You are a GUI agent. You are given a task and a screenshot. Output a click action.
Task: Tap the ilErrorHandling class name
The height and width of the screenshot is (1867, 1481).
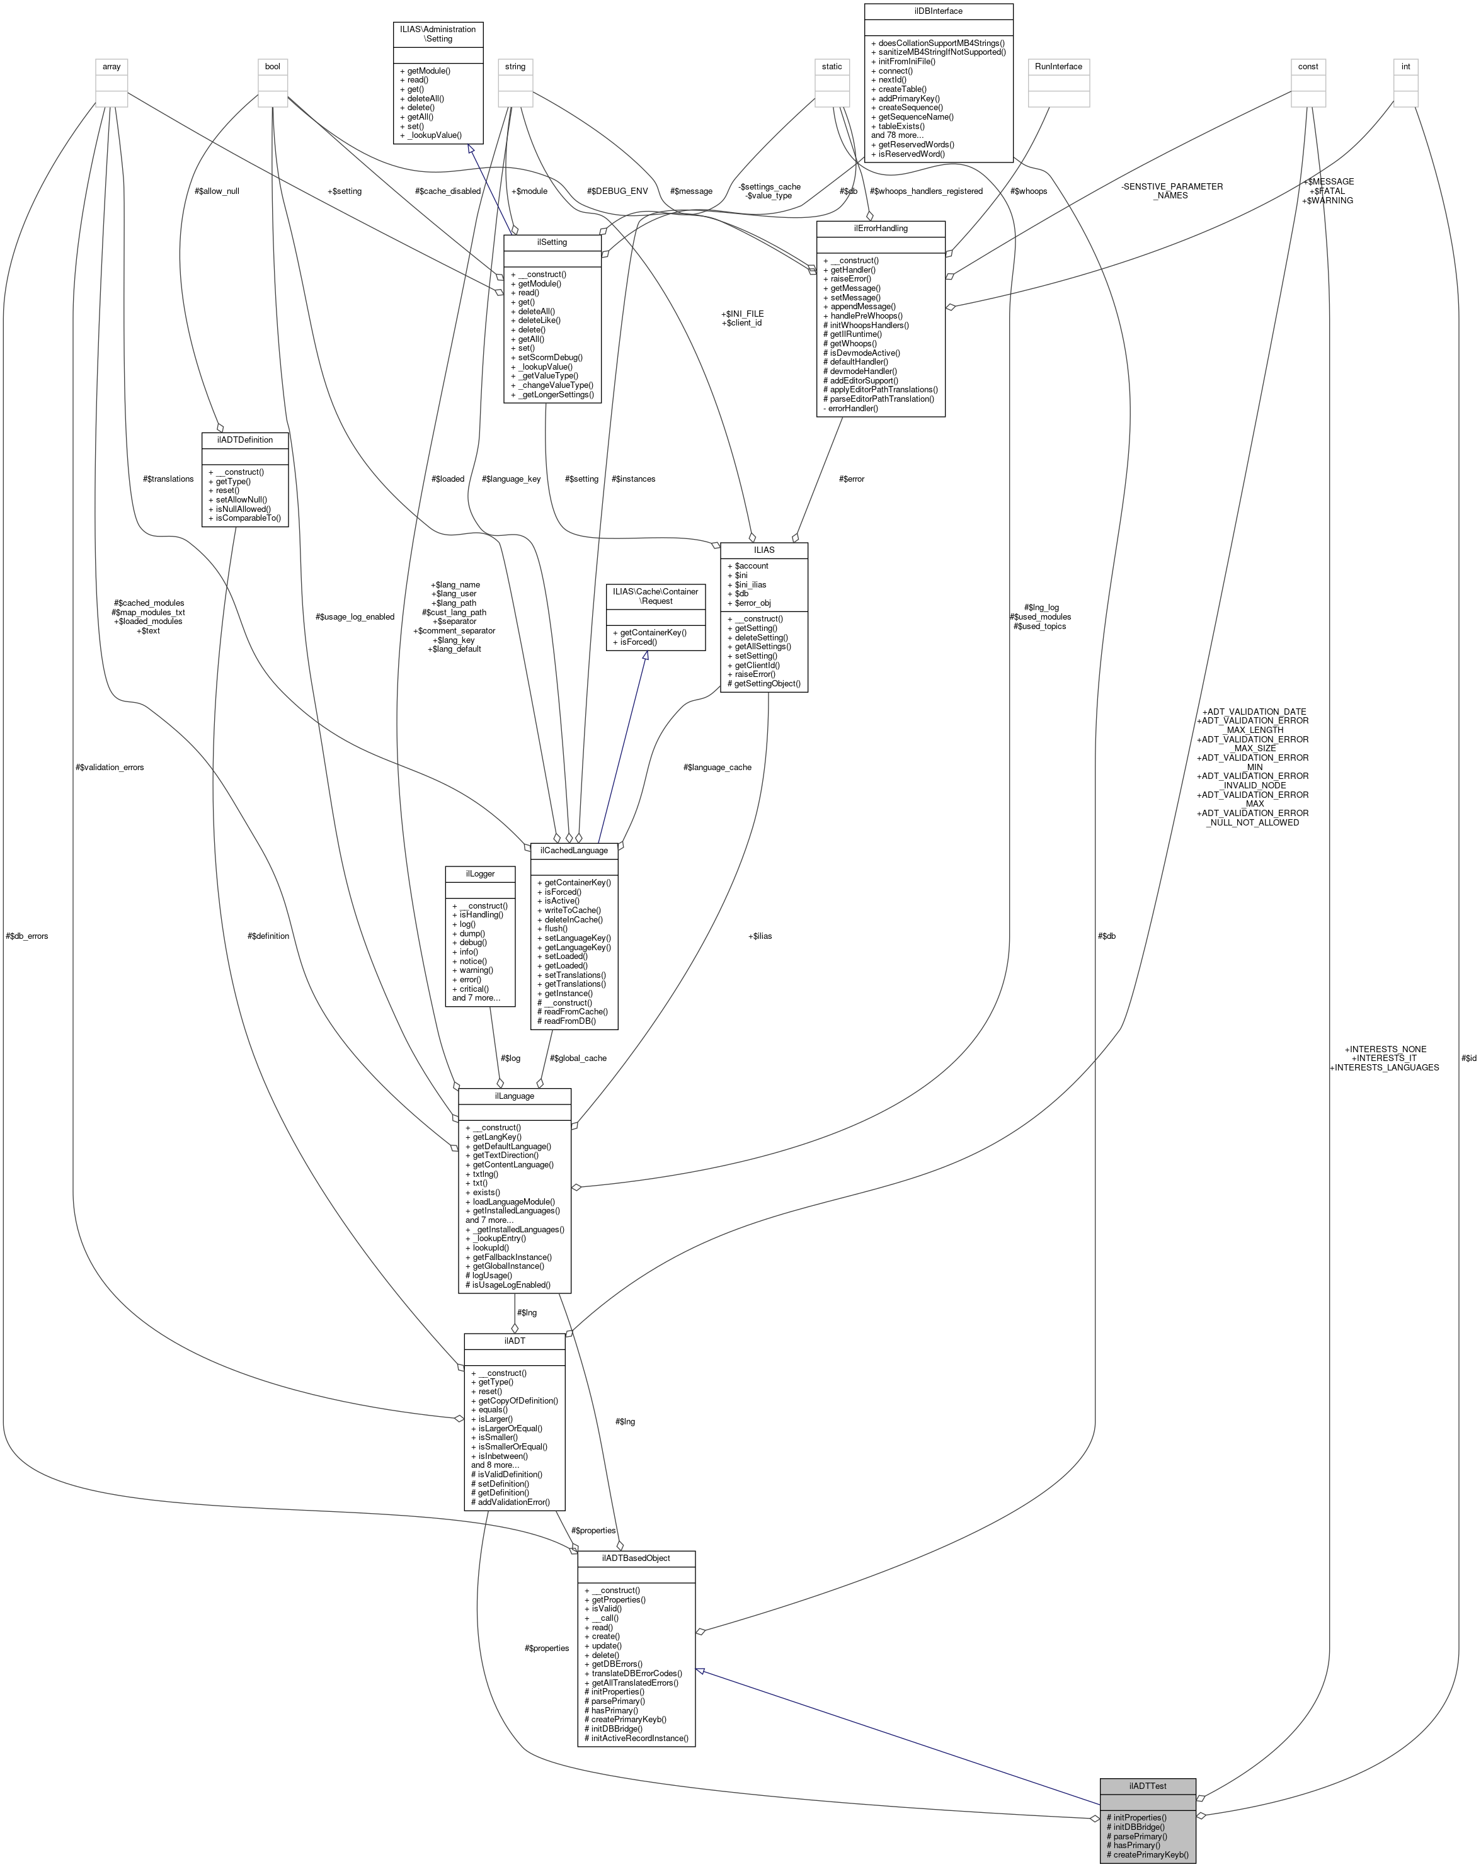click(x=880, y=229)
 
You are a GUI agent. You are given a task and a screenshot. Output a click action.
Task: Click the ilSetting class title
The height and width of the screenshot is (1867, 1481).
click(x=552, y=242)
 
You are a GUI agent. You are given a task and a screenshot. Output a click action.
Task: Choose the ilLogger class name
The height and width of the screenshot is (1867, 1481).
click(x=480, y=874)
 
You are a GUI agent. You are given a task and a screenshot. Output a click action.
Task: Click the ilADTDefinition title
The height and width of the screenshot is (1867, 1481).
click(x=244, y=440)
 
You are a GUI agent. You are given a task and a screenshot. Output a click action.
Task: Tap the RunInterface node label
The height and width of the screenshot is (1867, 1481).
click(x=1058, y=67)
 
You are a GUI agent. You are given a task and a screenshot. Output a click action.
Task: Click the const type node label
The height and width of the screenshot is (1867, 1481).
click(x=1308, y=67)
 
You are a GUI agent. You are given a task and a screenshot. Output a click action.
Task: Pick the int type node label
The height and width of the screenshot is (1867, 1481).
click(x=1405, y=67)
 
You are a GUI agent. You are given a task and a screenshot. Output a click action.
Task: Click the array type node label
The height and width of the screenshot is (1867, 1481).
click(x=112, y=67)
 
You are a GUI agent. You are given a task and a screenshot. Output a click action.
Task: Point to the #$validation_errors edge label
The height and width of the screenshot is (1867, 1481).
click(x=110, y=767)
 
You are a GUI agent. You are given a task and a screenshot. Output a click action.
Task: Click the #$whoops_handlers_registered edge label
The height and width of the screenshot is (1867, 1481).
click(x=926, y=191)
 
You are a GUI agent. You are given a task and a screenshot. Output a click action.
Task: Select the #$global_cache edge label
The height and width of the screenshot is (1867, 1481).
click(x=578, y=1058)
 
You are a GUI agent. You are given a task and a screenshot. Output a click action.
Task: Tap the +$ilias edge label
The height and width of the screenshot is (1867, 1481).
click(x=760, y=936)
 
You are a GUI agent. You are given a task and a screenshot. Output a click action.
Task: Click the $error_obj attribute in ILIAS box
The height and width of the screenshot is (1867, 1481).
click(x=753, y=603)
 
